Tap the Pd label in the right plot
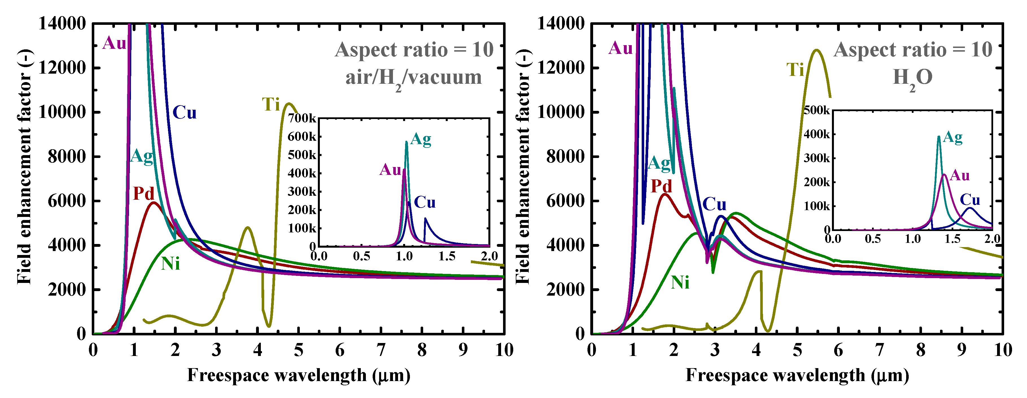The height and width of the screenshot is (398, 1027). click(661, 186)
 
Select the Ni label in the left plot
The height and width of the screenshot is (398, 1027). click(170, 264)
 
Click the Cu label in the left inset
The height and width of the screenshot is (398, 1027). click(425, 203)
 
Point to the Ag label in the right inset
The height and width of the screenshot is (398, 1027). click(952, 137)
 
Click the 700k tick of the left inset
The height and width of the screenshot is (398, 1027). click(302, 118)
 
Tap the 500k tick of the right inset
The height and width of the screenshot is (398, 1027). click(816, 110)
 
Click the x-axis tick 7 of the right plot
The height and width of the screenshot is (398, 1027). click(879, 350)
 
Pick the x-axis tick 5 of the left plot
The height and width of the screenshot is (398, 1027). click(299, 350)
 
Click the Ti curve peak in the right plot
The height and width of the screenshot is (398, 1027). click(816, 50)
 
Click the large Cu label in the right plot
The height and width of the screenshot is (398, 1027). click(714, 205)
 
